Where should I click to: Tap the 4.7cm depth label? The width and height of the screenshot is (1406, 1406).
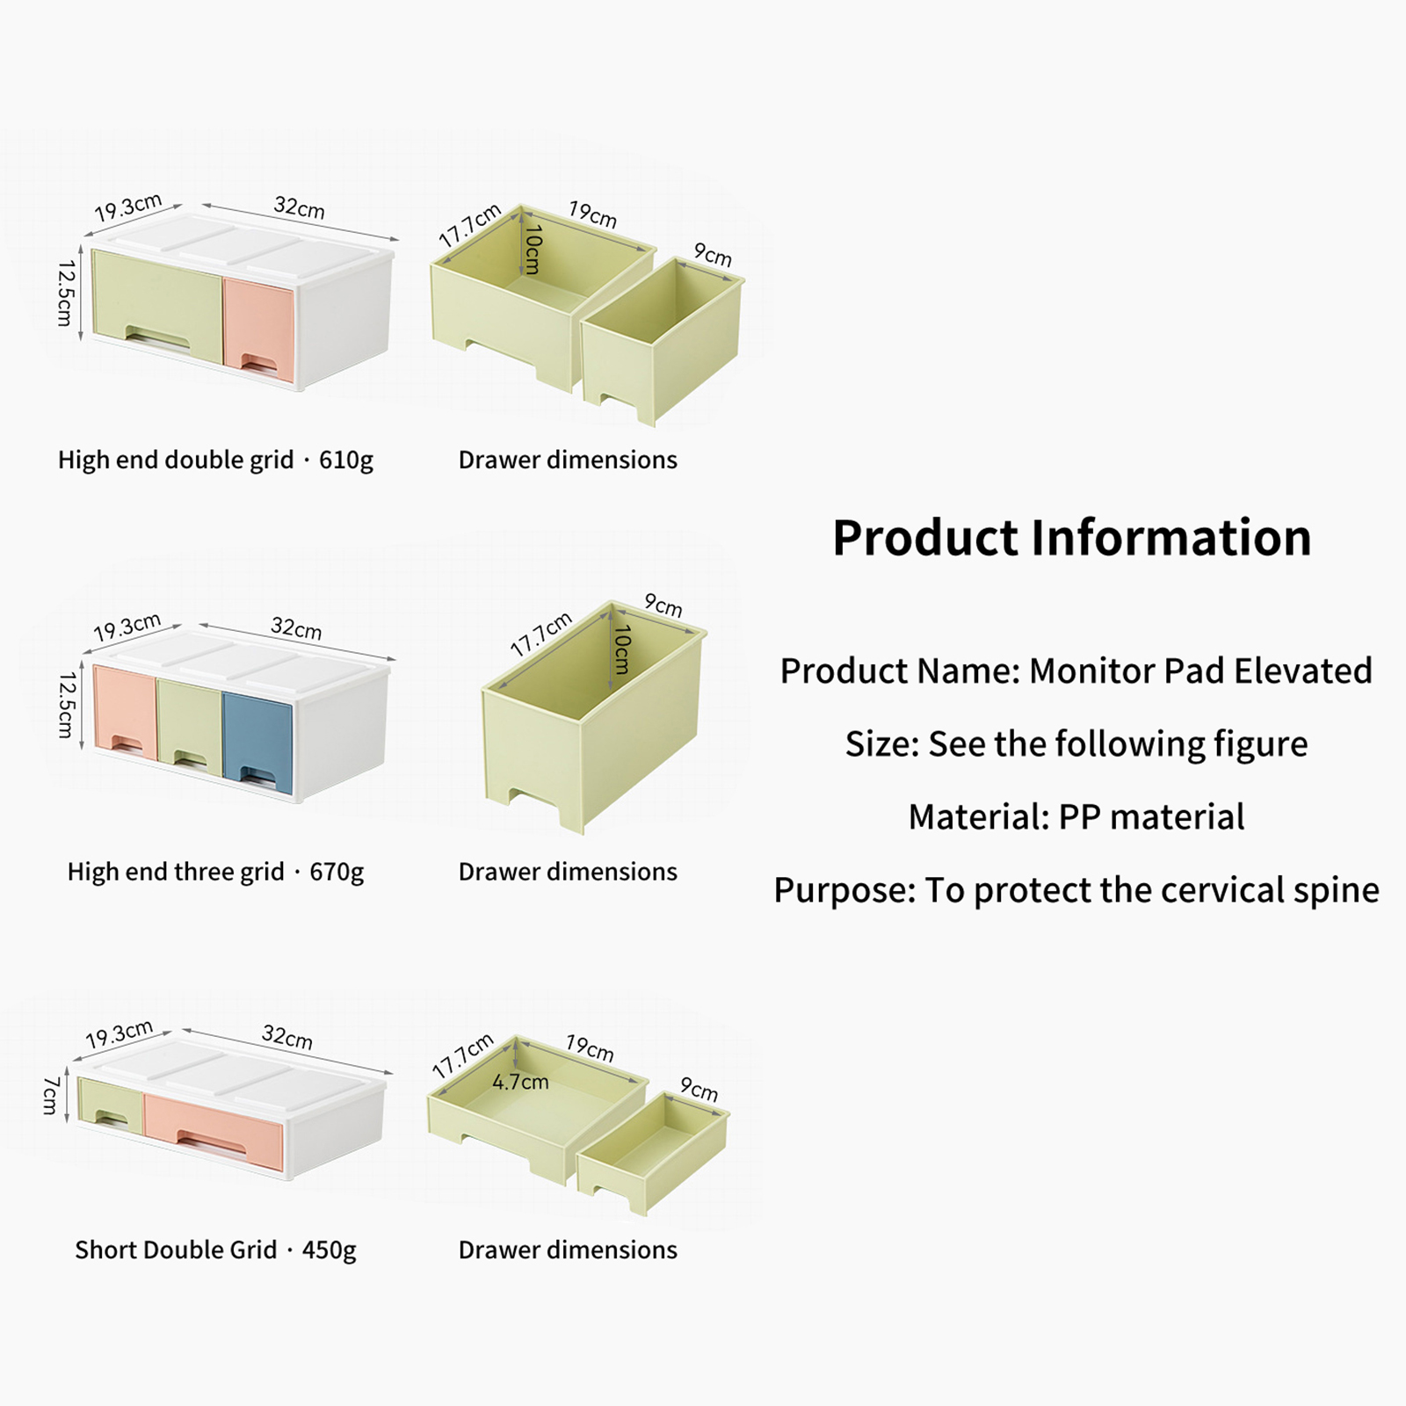tap(520, 1082)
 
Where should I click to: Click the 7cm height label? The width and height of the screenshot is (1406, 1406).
tap(51, 1095)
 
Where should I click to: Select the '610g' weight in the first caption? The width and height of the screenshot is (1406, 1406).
tap(346, 460)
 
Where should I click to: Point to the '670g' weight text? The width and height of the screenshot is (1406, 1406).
tap(337, 873)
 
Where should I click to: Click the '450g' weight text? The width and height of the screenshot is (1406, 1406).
tap(330, 1250)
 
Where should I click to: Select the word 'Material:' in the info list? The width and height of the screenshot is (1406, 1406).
tap(979, 817)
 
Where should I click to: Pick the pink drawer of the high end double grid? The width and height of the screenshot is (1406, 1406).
tap(258, 330)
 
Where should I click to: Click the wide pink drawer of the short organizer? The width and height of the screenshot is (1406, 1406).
tap(214, 1132)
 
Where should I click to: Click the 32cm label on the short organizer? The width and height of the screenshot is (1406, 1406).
tap(287, 1038)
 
